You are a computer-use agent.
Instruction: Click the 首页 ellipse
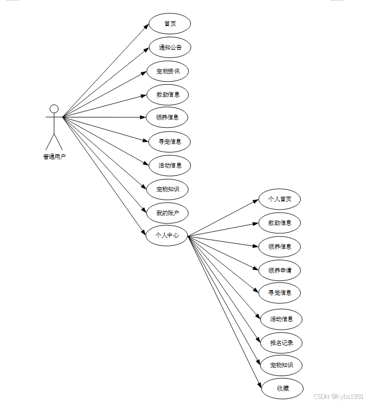170,24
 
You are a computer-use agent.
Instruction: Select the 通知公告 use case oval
170,48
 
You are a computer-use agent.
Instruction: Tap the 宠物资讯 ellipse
168,71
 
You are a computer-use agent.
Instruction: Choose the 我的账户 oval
167,213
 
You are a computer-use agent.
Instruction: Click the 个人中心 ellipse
167,235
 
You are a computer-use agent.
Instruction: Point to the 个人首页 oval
279,199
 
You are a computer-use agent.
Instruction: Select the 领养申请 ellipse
280,270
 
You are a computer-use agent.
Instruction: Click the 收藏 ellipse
282,389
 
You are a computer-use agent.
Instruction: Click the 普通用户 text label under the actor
54,157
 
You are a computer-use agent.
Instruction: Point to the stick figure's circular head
54,109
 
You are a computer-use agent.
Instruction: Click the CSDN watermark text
338,396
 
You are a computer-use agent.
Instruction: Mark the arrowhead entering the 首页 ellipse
147,26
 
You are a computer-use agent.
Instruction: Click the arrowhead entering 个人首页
256,201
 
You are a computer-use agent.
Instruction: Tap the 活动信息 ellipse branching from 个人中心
281,319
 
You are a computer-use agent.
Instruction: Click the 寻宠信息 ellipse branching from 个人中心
280,293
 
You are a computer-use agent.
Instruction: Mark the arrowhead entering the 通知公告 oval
147,49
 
